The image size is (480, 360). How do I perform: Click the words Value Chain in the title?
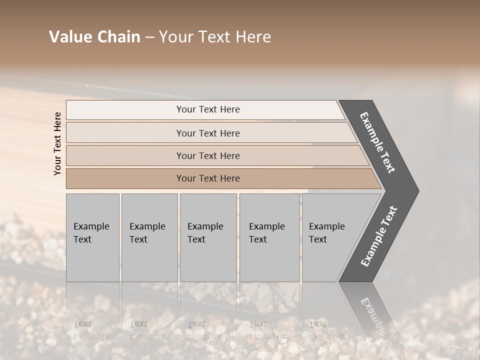[94, 37]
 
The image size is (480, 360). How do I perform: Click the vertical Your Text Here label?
[57, 143]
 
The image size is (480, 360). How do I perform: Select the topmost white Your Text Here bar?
[208, 109]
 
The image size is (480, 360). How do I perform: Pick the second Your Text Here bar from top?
[208, 133]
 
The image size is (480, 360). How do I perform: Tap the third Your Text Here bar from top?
[208, 155]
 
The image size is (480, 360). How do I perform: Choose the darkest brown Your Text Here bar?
[208, 178]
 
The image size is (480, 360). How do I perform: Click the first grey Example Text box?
[92, 237]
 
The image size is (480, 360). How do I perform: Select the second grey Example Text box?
[149, 237]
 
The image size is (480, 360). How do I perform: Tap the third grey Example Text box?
[208, 237]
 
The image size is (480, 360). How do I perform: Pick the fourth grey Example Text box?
[269, 237]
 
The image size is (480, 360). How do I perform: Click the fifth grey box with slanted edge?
[330, 237]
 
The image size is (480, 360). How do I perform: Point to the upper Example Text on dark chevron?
[378, 142]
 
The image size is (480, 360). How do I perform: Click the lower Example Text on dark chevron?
[379, 236]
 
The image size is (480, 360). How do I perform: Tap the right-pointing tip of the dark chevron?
[414, 191]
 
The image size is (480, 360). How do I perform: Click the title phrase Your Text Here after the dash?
[215, 37]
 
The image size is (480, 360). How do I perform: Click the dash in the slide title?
[149, 37]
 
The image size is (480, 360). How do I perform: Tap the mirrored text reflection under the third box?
[205, 330]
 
